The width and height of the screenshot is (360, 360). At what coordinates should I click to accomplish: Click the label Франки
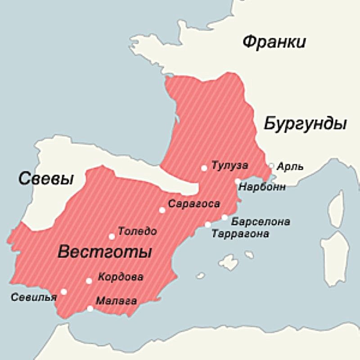click(274, 42)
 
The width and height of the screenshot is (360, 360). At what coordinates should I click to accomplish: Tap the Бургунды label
click(305, 123)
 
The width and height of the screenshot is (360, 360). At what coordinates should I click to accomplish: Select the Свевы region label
click(45, 179)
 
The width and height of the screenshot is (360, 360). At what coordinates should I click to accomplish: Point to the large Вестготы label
click(104, 252)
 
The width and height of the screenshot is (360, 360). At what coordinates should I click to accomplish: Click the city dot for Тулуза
click(204, 168)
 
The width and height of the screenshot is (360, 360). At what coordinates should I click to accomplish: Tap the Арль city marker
click(271, 166)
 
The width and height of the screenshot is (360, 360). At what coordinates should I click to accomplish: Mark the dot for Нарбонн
click(237, 181)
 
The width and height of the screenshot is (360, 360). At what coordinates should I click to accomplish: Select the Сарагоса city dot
click(162, 210)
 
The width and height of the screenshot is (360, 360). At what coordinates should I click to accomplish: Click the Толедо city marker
click(112, 237)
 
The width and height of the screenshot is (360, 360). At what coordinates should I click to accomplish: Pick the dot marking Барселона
click(225, 217)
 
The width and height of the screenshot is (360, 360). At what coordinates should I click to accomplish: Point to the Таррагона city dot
click(208, 225)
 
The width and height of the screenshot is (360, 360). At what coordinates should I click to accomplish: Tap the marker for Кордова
click(89, 281)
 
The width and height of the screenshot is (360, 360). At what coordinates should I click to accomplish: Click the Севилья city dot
click(64, 292)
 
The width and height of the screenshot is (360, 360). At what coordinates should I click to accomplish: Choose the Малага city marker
click(90, 308)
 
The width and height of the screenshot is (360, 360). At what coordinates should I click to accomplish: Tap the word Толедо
click(137, 232)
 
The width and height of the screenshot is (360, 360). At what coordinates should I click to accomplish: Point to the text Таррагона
click(241, 234)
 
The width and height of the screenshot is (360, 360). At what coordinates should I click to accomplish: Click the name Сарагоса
click(194, 204)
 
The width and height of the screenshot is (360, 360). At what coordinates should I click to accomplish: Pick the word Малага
click(116, 301)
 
